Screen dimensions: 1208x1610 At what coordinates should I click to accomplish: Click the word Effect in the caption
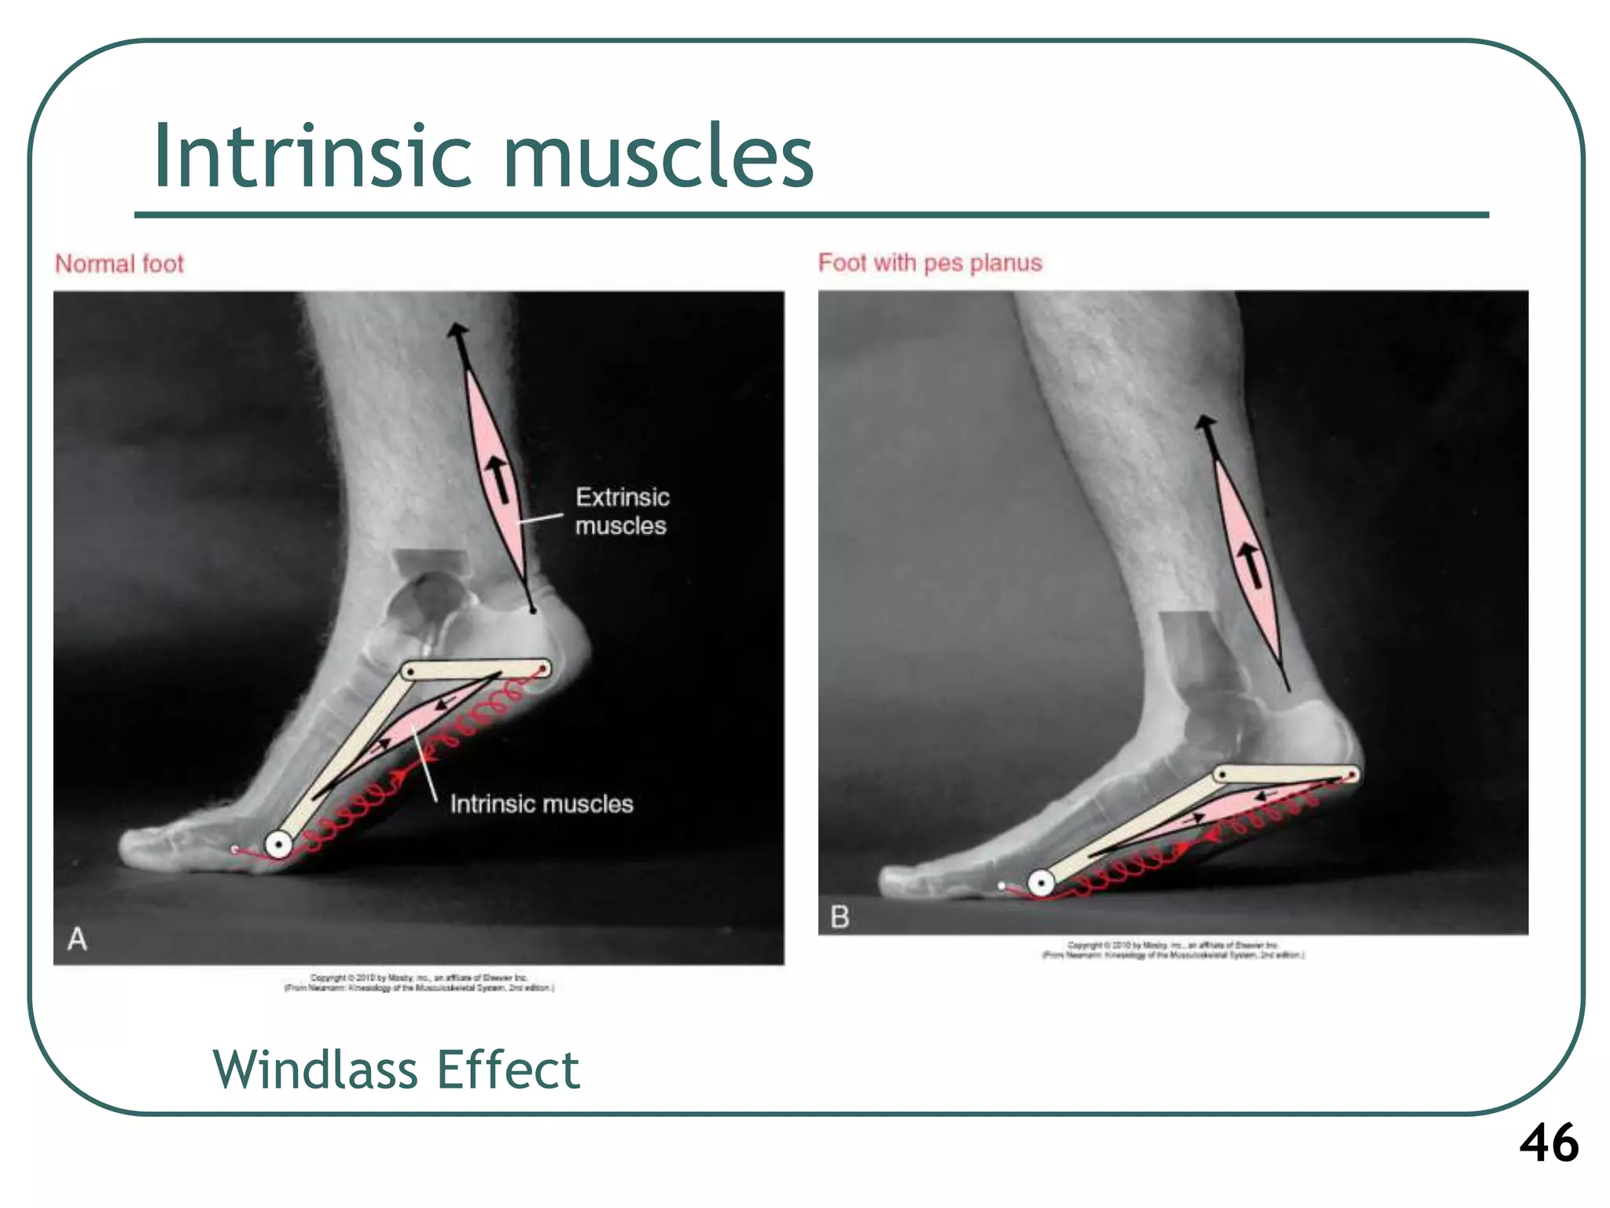click(508, 1070)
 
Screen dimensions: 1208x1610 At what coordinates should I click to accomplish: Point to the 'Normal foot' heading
click(119, 263)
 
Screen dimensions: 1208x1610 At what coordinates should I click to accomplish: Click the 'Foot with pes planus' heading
click(930, 263)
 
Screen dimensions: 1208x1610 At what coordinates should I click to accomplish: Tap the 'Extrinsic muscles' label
click(622, 511)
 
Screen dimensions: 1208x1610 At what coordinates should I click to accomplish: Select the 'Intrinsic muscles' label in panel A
click(542, 804)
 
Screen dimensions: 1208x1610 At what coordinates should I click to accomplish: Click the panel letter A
click(77, 939)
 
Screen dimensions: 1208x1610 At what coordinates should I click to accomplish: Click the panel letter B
click(840, 917)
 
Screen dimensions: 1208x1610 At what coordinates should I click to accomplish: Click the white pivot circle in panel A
click(278, 845)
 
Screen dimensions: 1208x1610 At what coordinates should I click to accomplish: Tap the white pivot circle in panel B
click(1042, 882)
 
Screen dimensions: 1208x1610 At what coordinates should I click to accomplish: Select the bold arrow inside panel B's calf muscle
click(1250, 565)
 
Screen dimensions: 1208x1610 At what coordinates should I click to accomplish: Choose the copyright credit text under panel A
click(419, 982)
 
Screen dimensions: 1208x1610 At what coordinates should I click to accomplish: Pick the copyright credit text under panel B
click(1173, 949)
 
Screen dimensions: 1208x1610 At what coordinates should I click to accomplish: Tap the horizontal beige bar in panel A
click(476, 670)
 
